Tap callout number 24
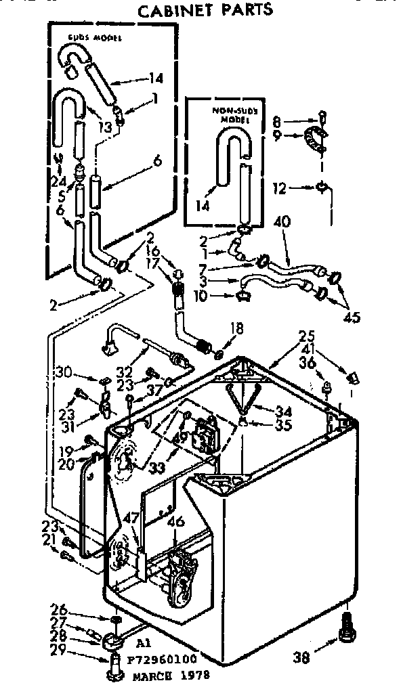pos(60,182)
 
